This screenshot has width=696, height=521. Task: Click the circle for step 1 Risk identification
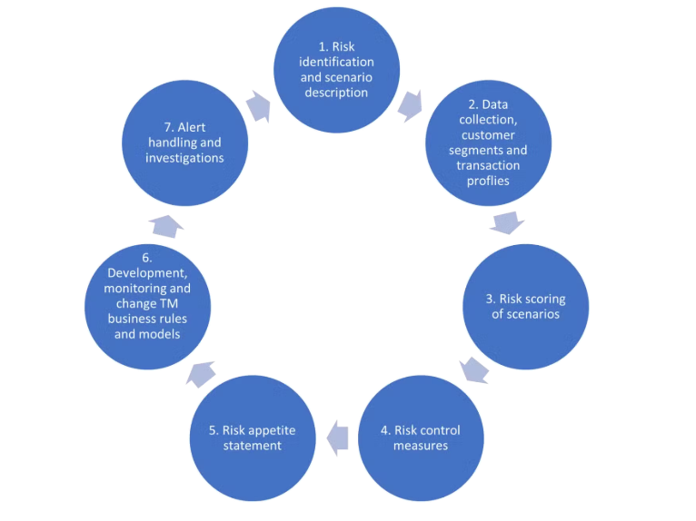336,70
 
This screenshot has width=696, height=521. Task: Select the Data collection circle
488,143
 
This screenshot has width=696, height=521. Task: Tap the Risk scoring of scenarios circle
525,307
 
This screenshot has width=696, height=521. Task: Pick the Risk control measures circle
421,438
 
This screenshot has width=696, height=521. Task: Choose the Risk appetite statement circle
253,438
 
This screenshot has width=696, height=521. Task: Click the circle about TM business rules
147,307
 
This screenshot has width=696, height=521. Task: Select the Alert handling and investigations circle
184,143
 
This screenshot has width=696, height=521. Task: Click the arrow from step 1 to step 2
411,106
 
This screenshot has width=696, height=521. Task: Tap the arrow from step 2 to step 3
507,222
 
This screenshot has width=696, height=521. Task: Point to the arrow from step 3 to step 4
474,370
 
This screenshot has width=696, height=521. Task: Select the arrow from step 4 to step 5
337,438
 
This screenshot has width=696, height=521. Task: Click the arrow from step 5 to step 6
201,374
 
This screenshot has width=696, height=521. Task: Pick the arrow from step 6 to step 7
166,226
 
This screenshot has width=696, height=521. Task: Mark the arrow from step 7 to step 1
259,106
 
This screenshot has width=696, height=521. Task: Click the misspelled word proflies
488,181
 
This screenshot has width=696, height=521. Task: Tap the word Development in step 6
147,273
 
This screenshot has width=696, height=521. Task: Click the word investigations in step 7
184,158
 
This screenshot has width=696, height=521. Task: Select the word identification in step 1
336,62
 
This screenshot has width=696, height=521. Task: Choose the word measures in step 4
421,446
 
